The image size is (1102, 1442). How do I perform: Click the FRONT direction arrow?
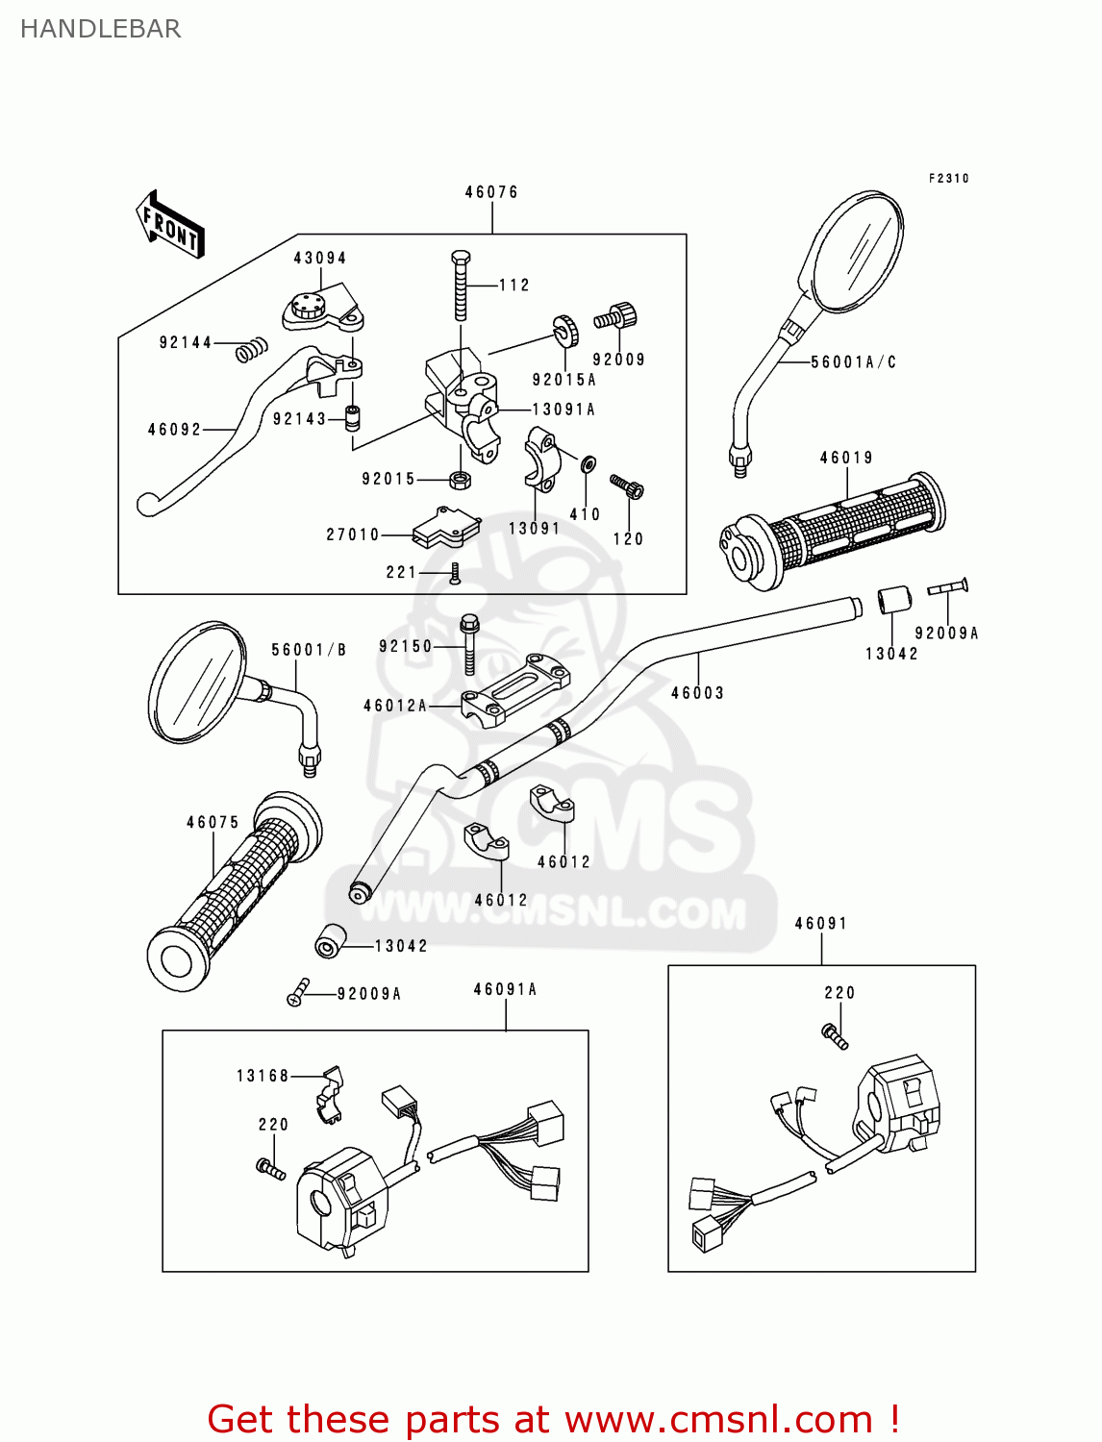170,225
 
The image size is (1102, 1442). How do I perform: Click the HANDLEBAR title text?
100,29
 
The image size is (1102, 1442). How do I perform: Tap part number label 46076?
491,192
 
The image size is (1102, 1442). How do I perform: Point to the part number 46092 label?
174,430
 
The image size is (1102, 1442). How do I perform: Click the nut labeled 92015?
460,479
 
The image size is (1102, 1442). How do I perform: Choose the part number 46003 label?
697,693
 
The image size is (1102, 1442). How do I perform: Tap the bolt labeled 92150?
469,644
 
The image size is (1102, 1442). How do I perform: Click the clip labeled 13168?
330,1094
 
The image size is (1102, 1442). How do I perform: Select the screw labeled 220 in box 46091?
834,1035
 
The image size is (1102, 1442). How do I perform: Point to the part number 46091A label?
505,989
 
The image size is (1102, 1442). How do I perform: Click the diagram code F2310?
948,178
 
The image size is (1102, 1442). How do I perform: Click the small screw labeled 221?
456,574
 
